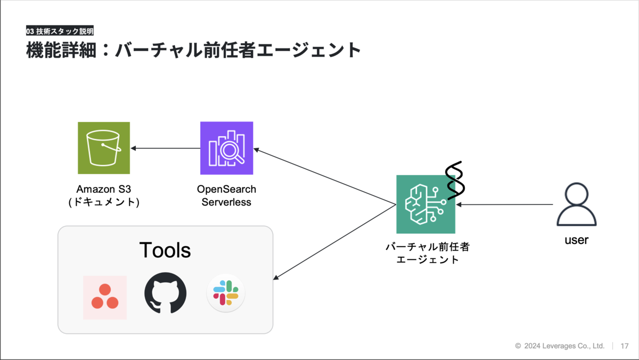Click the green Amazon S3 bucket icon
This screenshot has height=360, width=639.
pos(104,148)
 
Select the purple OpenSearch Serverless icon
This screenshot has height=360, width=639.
pos(226,148)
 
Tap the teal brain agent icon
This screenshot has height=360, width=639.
pos(425,204)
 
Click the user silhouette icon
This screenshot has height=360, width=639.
pos(577,204)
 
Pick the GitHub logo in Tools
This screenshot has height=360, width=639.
pos(166,293)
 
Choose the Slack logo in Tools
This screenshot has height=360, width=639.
pos(226,293)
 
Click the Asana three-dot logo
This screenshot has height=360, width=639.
pos(105,297)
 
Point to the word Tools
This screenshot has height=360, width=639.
pos(165,250)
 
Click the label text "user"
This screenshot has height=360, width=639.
pos(577,240)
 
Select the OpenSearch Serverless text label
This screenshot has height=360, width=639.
pos(226,195)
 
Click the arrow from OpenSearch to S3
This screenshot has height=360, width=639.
pos(166,149)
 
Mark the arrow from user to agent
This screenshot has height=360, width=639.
pos(504,204)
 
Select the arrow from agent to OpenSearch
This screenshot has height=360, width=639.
pos(325,177)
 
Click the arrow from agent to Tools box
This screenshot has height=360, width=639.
pos(334,242)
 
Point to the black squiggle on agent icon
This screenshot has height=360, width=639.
pos(455,181)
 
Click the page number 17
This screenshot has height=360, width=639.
pos(625,346)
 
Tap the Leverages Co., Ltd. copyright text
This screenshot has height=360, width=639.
pos(560,346)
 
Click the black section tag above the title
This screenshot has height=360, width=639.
pos(60,30)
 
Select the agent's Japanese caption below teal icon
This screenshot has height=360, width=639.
pos(427,253)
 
